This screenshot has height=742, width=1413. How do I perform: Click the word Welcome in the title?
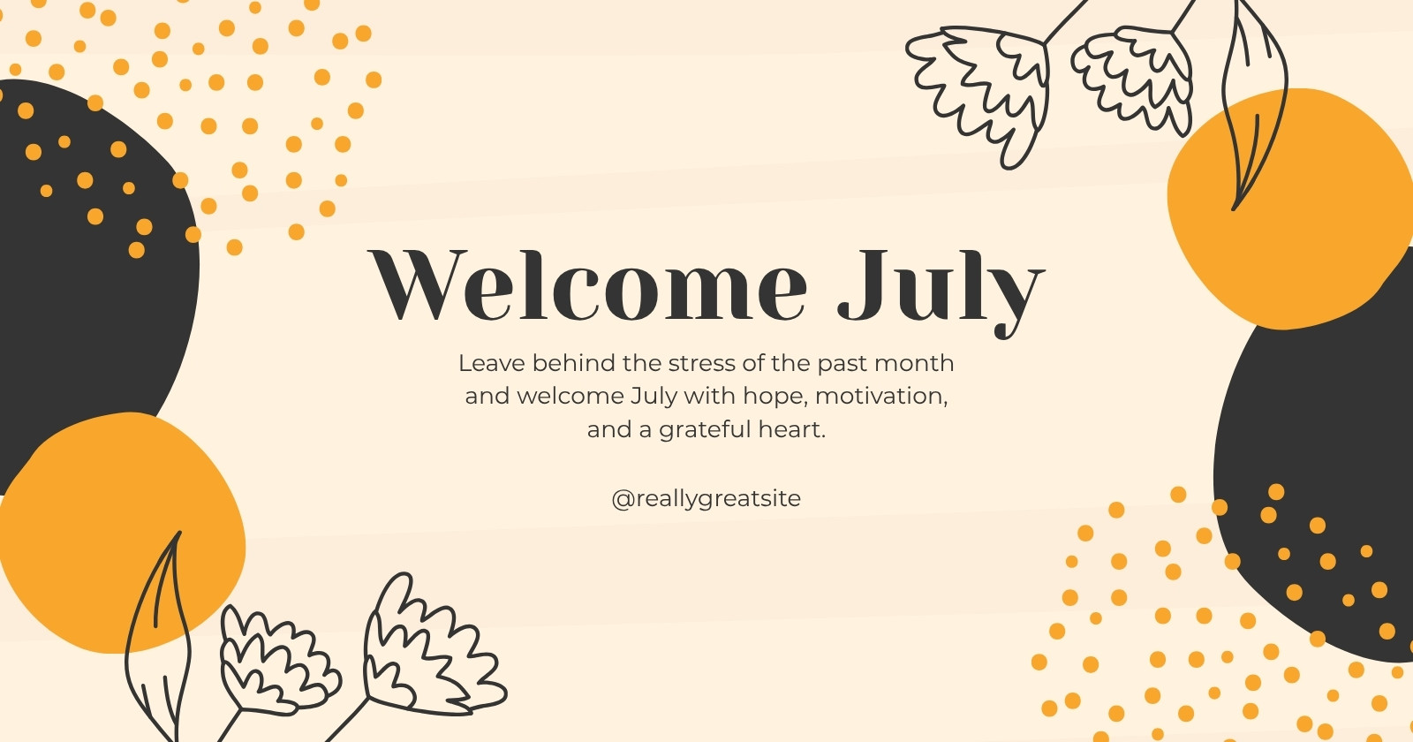tap(587, 284)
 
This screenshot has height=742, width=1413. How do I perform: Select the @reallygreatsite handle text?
tap(706, 498)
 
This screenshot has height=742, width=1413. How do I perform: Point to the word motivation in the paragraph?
tap(881, 397)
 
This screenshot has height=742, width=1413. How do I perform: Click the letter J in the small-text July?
tap(637, 397)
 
